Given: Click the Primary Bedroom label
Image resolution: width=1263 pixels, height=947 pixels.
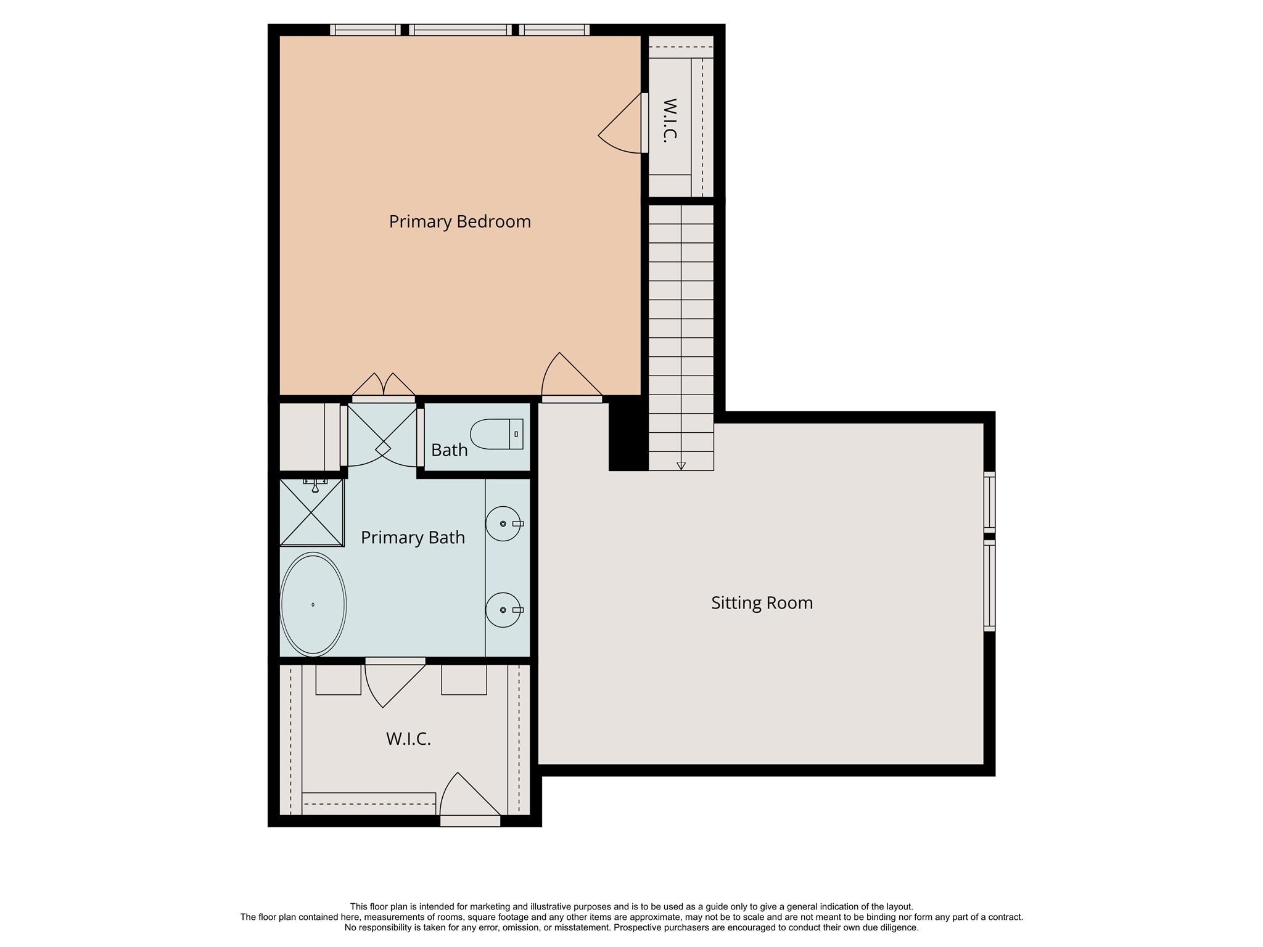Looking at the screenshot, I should (459, 221).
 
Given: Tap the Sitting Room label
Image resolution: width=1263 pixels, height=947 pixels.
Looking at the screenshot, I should (762, 602).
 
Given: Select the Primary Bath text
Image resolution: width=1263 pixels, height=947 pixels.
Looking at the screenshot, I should (413, 537).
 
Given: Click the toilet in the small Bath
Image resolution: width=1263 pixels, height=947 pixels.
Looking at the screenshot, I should (496, 434).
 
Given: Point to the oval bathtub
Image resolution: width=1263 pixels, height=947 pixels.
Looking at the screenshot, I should (313, 604).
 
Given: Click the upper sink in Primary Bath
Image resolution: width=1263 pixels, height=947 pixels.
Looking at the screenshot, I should (503, 523).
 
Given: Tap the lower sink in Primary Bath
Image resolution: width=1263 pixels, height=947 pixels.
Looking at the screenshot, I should (503, 610).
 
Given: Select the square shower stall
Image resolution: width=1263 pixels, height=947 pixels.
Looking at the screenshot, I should (311, 512).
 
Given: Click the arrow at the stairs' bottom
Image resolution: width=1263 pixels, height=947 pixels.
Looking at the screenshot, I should (681, 466).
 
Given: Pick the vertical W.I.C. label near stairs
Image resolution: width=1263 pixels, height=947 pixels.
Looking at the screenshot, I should (670, 121).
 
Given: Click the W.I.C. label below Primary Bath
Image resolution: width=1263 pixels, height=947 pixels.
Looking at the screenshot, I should (408, 739).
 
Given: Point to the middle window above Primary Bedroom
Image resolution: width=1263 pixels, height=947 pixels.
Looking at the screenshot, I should (460, 30).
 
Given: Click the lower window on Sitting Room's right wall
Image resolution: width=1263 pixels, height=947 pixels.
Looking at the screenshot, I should (989, 586).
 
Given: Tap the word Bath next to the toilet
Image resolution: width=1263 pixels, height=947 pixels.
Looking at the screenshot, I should (449, 450).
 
